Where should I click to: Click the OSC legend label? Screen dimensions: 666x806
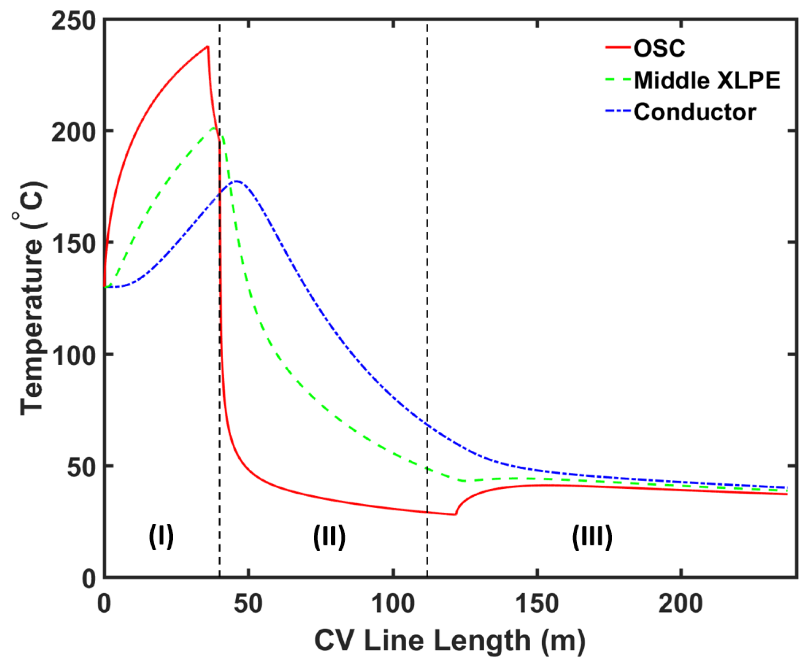coord(659,49)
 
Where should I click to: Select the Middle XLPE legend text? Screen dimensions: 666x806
coord(707,81)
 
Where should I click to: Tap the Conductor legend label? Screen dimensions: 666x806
coord(695,112)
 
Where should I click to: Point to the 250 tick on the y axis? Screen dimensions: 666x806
coord(73,20)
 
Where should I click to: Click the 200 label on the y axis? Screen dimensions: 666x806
coord(73,132)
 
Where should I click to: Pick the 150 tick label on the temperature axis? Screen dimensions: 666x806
coord(73,244)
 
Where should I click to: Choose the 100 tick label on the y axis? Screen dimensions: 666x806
coord(73,355)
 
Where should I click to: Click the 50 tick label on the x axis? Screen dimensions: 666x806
coord(249,603)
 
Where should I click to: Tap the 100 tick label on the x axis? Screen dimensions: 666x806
coord(393,603)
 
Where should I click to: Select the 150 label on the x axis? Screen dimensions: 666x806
coord(537,603)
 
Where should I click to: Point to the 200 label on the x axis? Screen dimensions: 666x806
coord(681,603)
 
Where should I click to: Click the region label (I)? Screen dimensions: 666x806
coord(161,536)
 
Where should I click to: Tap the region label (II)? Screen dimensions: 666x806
coord(329,536)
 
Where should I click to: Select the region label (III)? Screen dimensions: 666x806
coord(592,536)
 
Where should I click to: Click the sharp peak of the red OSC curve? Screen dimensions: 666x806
coord(207,47)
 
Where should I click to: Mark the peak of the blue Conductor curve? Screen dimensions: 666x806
coord(236,181)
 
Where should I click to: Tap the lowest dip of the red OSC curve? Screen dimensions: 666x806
coord(455,514)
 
